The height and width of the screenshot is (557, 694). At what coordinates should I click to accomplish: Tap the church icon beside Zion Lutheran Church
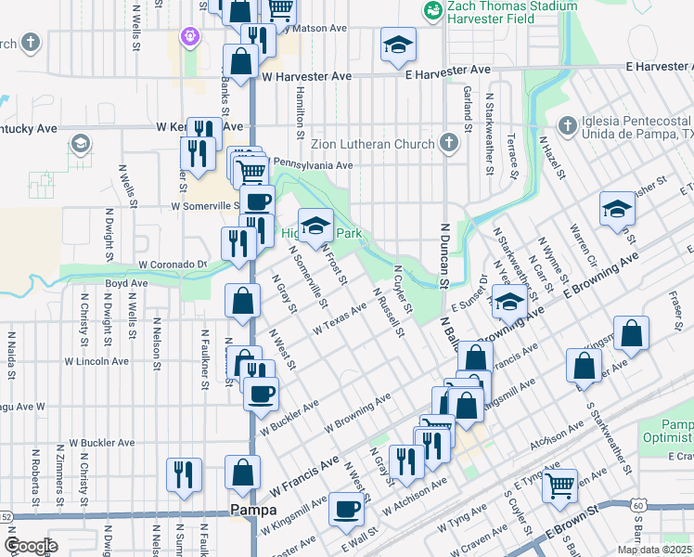(x=449, y=143)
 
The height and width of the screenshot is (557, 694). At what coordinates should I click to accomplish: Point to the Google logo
(x=31, y=545)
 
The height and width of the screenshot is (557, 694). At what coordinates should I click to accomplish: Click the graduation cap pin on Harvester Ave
(x=398, y=45)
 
